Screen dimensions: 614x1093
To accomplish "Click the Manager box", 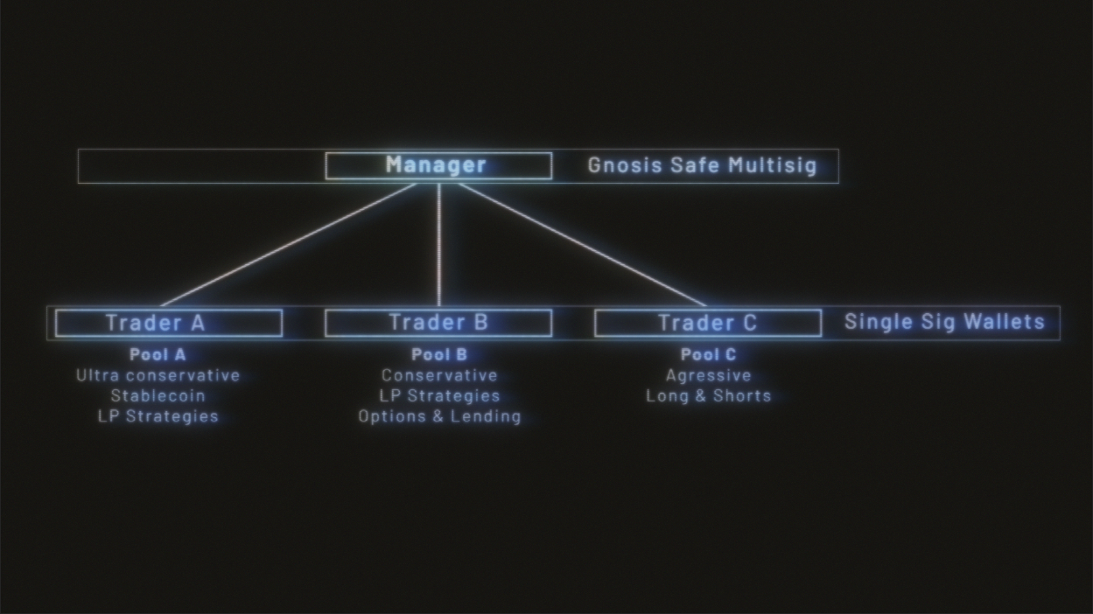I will [438, 165].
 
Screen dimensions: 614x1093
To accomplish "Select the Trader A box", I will [168, 323].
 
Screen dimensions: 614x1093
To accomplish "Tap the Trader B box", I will [438, 323].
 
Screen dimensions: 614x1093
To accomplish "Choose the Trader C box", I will [707, 323].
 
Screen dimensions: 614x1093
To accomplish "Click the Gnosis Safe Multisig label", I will [702, 165].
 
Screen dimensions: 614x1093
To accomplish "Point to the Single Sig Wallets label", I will [944, 322].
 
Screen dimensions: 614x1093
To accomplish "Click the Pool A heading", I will [158, 355].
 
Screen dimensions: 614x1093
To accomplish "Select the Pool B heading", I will [439, 355].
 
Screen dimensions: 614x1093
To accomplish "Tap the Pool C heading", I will [708, 355].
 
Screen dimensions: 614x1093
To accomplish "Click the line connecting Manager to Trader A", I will [289, 245].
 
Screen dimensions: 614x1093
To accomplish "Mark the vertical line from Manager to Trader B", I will [438, 245].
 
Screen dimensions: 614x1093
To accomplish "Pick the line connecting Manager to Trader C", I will [581, 245].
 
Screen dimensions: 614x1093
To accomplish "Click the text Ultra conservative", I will [158, 375].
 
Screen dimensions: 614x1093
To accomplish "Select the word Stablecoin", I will [158, 396].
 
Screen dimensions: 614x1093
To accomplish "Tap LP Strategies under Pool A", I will [158, 416].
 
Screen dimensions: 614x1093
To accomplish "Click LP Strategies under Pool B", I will [439, 396].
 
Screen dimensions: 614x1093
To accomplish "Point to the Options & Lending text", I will [439, 416].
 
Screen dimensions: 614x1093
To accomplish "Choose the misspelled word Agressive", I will [708, 375].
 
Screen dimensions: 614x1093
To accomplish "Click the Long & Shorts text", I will [708, 396].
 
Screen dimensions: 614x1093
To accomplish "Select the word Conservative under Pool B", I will [439, 375].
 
